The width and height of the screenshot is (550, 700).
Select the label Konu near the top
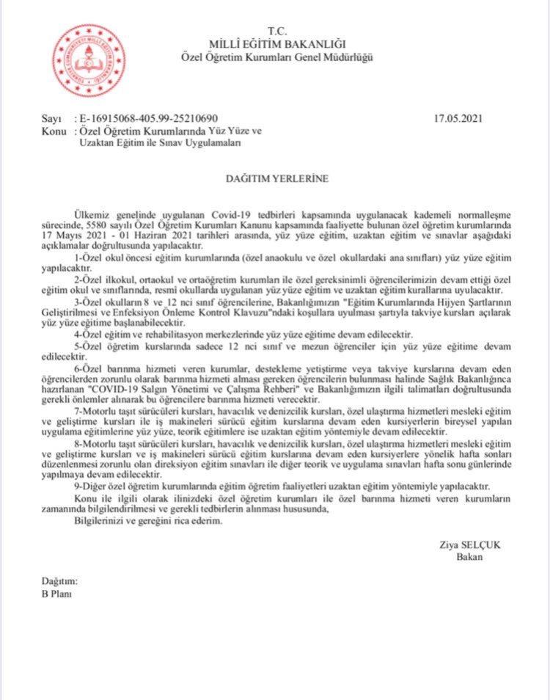click(x=54, y=131)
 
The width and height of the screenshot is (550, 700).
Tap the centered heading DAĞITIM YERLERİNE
click(x=276, y=178)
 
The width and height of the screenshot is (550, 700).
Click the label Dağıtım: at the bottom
click(x=59, y=581)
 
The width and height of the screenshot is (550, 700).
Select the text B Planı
click(x=57, y=594)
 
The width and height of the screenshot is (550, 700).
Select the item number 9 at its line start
click(x=78, y=485)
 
